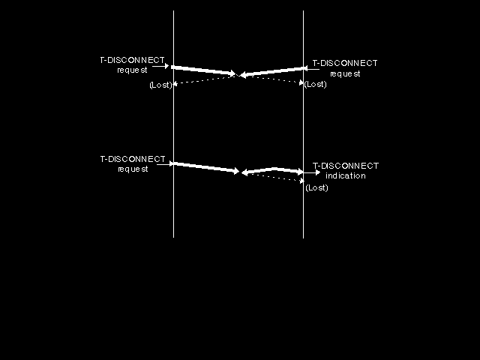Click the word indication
pyautogui.click(x=346, y=175)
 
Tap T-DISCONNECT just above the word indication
pyautogui.click(x=346, y=166)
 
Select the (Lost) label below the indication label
pyautogui.click(x=316, y=187)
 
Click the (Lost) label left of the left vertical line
pyautogui.click(x=160, y=85)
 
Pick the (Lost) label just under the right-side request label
pyautogui.click(x=315, y=84)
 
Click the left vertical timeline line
pyautogui.click(x=173, y=124)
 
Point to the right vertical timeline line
pyautogui.click(x=303, y=124)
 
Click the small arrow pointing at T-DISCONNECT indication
pyautogui.click(x=312, y=172)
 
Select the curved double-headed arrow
pyautogui.click(x=272, y=169)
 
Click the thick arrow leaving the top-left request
pyautogui.click(x=203, y=70)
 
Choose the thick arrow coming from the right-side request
pyautogui.click(x=273, y=72)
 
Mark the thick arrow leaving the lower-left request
pyautogui.click(x=205, y=167)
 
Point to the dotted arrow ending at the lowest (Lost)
pyautogui.click(x=275, y=178)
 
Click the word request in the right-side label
pyautogui.click(x=345, y=73)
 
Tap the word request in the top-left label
pyautogui.click(x=132, y=70)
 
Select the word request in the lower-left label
pyautogui.click(x=133, y=169)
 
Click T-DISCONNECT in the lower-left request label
pyautogui.click(x=133, y=159)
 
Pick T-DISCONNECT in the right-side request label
pyautogui.click(x=345, y=63)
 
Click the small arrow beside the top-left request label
pyautogui.click(x=160, y=66)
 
